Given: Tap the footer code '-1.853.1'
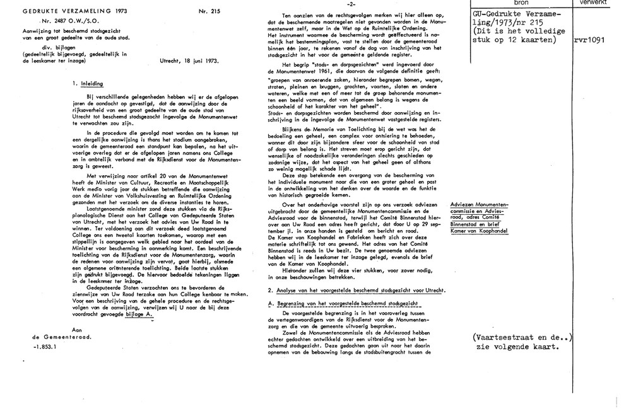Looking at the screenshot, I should pyautogui.click(x=45, y=346).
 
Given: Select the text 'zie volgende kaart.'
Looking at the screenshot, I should pyautogui.click(x=516, y=347).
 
